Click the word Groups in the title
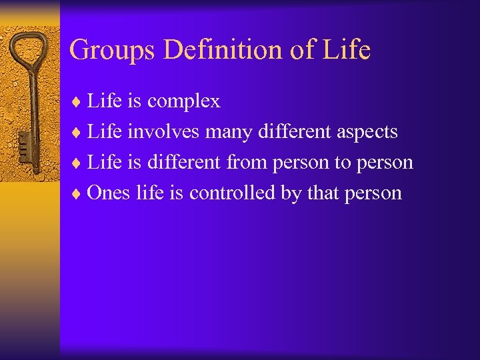tap(107, 50)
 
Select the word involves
tap(163, 132)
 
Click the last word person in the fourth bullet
tap(374, 193)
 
